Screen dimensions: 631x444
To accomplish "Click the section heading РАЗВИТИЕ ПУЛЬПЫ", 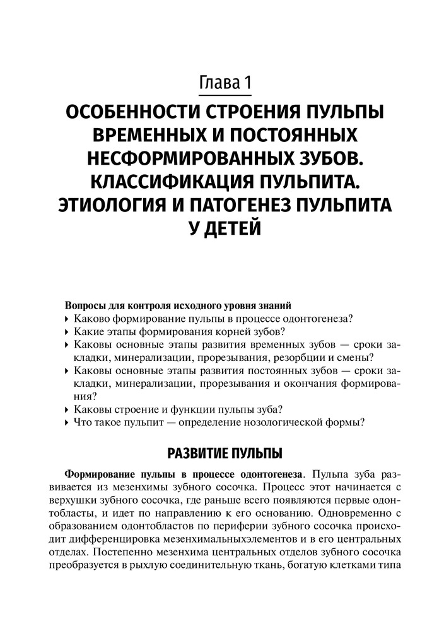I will coord(222,453).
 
